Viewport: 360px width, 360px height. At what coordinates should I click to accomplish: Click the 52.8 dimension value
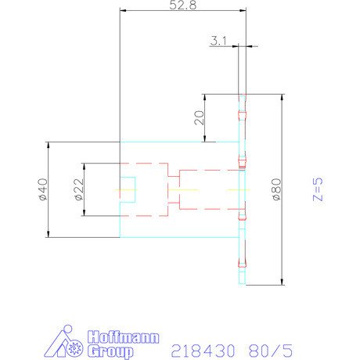pos(182,5)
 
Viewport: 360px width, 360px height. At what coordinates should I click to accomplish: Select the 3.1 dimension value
pos(218,41)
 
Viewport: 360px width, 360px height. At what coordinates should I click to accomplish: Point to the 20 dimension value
pos(200,117)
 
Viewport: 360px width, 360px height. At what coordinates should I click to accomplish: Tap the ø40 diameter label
pos(43,189)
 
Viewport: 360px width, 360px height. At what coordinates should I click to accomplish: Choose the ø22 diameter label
pos(79,189)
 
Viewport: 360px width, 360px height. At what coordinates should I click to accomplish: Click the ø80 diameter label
pos(276,189)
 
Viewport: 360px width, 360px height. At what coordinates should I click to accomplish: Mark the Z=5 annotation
pos(318,189)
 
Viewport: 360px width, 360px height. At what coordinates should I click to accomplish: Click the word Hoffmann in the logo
pos(123,337)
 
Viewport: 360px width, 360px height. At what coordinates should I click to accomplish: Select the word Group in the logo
pos(110,351)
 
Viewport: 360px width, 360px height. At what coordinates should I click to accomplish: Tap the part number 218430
pos(203,351)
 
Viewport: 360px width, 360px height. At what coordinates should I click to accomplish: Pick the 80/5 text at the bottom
pos(271,351)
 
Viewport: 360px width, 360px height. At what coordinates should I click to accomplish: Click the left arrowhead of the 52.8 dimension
pos(123,10)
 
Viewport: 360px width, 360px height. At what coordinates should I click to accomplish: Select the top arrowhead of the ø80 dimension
pos(282,97)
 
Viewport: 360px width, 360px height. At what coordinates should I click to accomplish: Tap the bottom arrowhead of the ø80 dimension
pos(282,282)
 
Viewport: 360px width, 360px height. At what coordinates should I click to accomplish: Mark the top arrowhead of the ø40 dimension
pos(48,146)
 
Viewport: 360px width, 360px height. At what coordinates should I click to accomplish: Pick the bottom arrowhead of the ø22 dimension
pos(84,213)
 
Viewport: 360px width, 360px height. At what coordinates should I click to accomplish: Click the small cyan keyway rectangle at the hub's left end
pos(128,189)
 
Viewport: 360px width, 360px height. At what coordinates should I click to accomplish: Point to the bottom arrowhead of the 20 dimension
pos(205,139)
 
